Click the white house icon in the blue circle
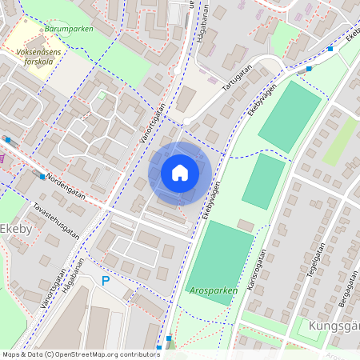[x=180, y=173]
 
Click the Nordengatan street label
[x=66, y=188]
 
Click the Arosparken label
[x=213, y=290]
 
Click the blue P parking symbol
[x=106, y=281]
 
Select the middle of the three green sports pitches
[x=263, y=182]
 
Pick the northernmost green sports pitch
[x=290, y=116]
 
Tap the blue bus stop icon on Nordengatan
[x=42, y=176]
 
